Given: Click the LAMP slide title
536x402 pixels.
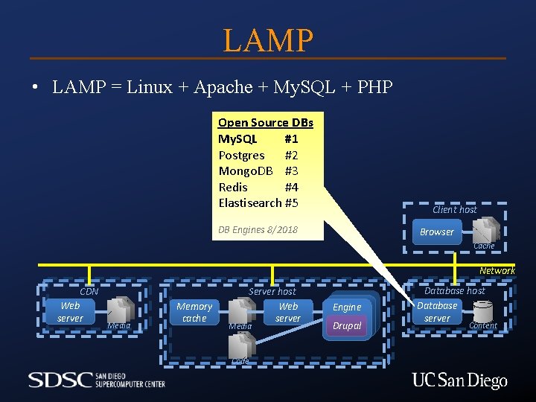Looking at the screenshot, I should point(268,40).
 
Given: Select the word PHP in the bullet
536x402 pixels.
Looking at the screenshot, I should point(374,87).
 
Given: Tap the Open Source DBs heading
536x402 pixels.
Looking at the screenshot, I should point(265,123).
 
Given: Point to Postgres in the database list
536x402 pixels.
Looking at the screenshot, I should point(241,155).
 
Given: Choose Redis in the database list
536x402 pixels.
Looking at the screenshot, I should point(233,187).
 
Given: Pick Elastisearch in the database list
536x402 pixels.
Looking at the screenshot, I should point(249,202).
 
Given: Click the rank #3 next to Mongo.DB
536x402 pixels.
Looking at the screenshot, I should point(291,171).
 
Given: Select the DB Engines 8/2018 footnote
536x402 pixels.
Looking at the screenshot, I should point(258,229).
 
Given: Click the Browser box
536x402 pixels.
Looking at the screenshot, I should point(437,232).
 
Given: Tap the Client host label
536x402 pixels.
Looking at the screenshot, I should point(455,210).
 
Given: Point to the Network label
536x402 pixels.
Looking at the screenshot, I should point(497,271).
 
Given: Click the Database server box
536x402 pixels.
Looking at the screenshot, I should point(437,312).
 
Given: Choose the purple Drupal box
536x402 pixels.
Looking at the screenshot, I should point(347,326).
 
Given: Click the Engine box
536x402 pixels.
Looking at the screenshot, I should point(347,307).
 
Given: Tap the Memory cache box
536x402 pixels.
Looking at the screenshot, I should point(194,312).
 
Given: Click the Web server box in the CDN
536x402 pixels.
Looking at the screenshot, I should point(70,312).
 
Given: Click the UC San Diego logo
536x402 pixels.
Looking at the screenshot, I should point(459,381).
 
